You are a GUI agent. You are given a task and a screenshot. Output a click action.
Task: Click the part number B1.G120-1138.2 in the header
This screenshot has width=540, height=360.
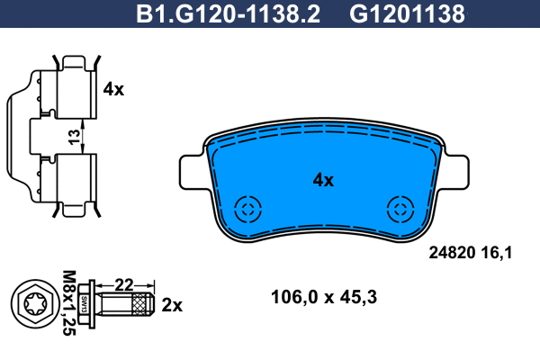tap(228, 14)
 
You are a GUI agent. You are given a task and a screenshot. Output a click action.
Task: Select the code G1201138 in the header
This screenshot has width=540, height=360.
tap(407, 14)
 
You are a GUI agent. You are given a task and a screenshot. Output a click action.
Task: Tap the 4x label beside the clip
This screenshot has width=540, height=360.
tap(113, 89)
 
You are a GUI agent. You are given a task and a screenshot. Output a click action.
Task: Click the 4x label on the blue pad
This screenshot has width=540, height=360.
tap(323, 180)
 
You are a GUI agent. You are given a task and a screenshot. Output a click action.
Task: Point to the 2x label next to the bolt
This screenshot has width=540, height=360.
tap(172, 305)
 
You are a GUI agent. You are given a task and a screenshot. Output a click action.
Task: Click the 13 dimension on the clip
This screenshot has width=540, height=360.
tap(74, 137)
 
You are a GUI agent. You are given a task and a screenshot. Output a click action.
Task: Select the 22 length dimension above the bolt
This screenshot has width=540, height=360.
tap(123, 285)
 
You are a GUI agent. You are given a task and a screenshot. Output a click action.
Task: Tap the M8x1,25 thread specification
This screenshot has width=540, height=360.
tap(69, 302)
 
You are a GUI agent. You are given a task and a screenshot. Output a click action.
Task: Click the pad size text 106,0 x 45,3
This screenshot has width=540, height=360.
tap(324, 297)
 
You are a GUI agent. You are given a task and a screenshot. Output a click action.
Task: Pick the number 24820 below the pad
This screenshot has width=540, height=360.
tap(452, 253)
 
